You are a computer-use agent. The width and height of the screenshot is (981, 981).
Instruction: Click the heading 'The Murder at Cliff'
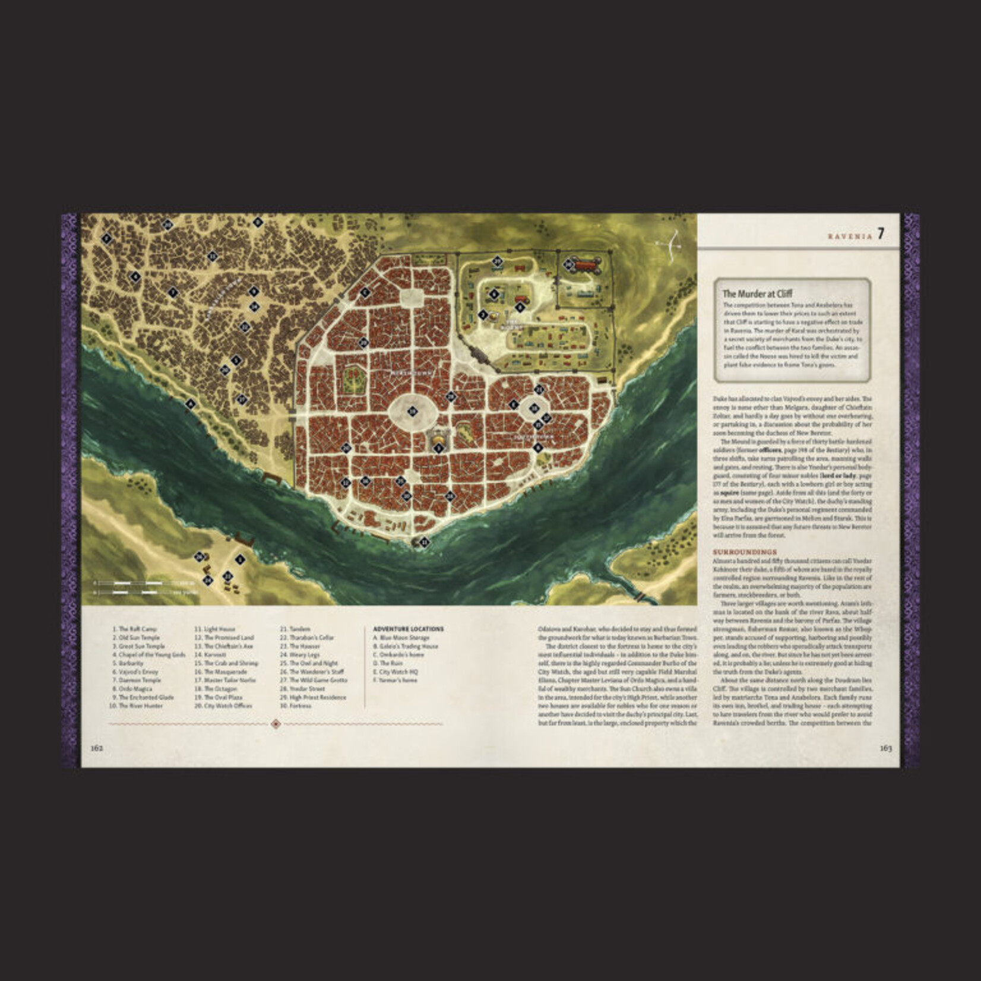point(757,293)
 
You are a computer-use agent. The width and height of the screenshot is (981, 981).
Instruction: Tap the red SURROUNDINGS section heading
point(744,552)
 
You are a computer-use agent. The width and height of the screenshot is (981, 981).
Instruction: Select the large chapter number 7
point(881,234)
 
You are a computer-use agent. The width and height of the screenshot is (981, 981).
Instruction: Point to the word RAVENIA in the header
point(850,236)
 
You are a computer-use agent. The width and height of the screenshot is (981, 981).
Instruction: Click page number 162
point(97,748)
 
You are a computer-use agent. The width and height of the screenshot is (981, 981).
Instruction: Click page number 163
point(885,748)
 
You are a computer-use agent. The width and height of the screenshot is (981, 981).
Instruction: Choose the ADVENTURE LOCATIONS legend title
point(408,629)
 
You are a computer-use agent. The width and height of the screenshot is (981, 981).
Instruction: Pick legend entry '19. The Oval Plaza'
point(217,697)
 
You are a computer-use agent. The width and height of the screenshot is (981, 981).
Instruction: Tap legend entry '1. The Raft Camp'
point(135,629)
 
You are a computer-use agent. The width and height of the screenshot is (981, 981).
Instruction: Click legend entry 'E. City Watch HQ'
point(395,672)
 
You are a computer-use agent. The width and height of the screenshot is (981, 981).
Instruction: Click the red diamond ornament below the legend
point(276,724)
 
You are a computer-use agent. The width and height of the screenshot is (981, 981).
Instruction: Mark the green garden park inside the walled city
point(353,378)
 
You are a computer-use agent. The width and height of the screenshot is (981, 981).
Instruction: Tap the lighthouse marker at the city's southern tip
point(424,542)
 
